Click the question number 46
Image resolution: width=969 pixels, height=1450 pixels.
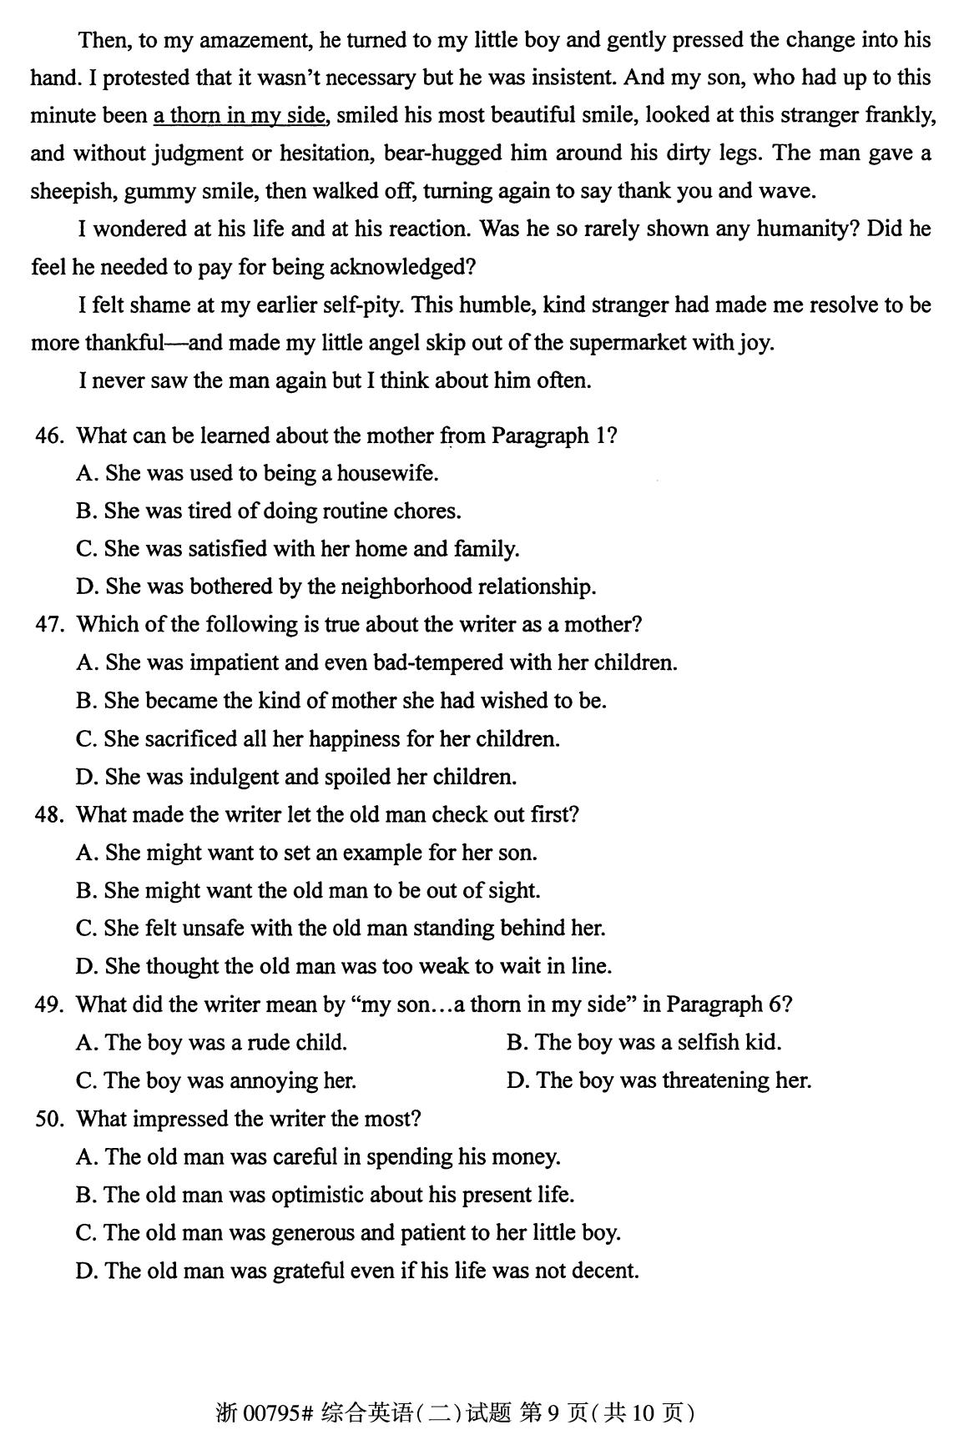coord(48,436)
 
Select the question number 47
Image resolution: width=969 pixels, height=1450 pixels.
coord(48,625)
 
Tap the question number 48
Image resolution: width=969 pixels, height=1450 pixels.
coord(48,814)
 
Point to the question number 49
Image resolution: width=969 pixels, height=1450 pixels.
coord(48,1004)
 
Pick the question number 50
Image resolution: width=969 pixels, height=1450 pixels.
coord(48,1119)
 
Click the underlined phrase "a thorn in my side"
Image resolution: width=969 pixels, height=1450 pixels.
coord(239,115)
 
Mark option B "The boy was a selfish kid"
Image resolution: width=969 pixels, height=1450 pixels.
coord(643,1043)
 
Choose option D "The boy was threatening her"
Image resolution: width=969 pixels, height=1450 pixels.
coord(659,1081)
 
